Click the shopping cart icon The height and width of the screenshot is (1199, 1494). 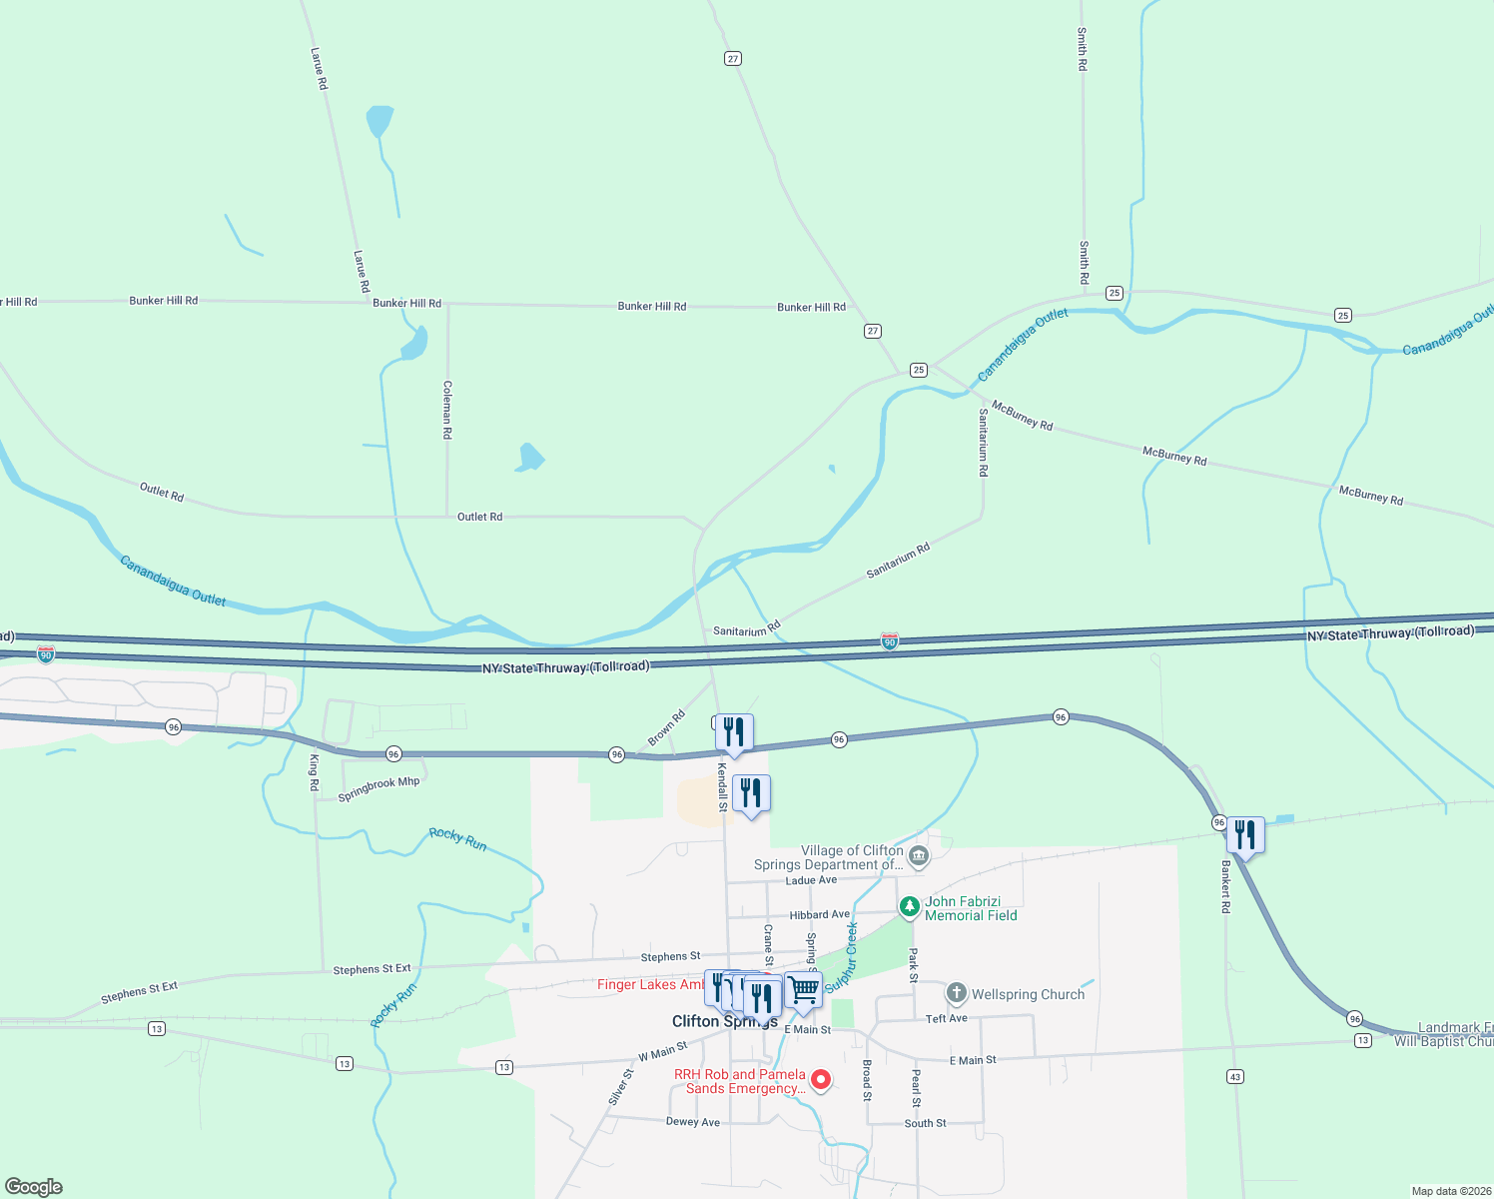pyautogui.click(x=803, y=989)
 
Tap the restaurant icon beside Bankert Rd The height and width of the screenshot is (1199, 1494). pyautogui.click(x=1245, y=834)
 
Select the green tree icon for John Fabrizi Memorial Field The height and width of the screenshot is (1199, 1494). pyautogui.click(x=909, y=907)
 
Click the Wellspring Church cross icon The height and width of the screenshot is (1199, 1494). pyautogui.click(x=957, y=993)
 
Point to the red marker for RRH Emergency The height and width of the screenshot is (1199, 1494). pyautogui.click(x=821, y=1079)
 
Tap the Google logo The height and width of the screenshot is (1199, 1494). pyautogui.click(x=34, y=1187)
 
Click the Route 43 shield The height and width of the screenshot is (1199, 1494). pyautogui.click(x=1235, y=1076)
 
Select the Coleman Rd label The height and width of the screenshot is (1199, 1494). pyautogui.click(x=447, y=410)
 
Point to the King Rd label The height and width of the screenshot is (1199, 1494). pyautogui.click(x=314, y=773)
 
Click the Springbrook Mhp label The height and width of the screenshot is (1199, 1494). pyautogui.click(x=378, y=789)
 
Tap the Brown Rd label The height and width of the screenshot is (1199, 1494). pyautogui.click(x=666, y=727)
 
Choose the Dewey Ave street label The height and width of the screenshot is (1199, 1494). pyautogui.click(x=693, y=1122)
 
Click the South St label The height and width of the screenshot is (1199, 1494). pyautogui.click(x=926, y=1123)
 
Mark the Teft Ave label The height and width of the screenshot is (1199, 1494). pyautogui.click(x=947, y=1018)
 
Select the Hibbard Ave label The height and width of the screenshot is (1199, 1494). pyautogui.click(x=820, y=914)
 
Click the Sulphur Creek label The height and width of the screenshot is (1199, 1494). pyautogui.click(x=841, y=956)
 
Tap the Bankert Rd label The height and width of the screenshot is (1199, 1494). pyautogui.click(x=1226, y=886)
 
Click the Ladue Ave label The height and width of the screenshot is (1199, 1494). pyautogui.click(x=811, y=880)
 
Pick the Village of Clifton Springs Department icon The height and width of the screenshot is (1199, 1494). pyautogui.click(x=919, y=856)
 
